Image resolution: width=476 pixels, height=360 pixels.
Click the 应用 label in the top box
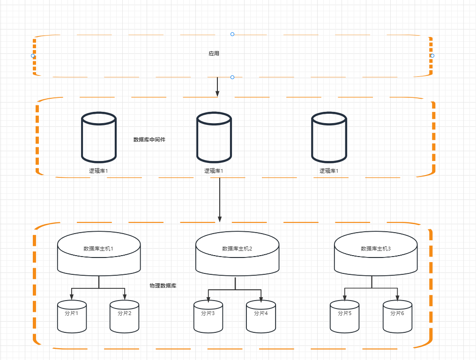214,54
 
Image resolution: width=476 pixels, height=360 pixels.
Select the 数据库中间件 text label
149,140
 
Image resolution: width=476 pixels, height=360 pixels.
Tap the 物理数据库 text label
163,286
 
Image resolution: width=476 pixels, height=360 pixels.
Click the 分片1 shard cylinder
72,316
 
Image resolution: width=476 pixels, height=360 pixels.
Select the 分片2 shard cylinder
125,316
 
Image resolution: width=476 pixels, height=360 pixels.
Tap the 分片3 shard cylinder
208,316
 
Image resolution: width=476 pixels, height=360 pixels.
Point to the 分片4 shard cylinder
261,316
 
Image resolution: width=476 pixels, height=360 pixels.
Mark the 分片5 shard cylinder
344,316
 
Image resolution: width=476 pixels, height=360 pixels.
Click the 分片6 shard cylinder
397,316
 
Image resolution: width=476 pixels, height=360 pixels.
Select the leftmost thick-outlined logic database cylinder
99,137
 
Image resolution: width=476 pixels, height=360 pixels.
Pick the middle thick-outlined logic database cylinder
214,137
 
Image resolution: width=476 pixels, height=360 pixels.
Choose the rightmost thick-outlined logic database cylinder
329,137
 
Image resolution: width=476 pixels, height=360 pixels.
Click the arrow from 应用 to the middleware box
217,87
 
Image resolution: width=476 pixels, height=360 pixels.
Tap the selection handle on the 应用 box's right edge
432,56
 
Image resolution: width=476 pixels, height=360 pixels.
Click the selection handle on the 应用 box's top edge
232,34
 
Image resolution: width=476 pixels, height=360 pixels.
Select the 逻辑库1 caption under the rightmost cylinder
329,171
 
